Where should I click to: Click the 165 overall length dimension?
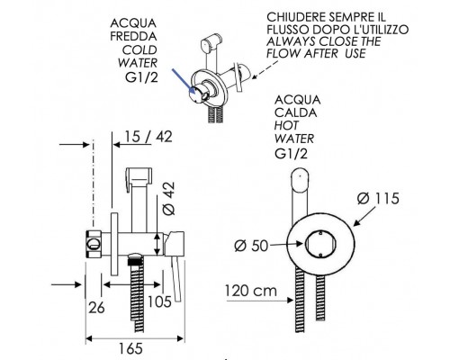[130, 349]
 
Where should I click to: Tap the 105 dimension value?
[160, 301]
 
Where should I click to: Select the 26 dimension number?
[96, 308]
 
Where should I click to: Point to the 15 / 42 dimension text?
[148, 137]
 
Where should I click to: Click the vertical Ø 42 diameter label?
[168, 198]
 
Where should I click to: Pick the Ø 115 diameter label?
[378, 199]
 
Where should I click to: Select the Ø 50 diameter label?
[251, 246]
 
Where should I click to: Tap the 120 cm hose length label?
[251, 291]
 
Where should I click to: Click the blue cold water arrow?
[184, 81]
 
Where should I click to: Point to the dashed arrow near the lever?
[265, 69]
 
